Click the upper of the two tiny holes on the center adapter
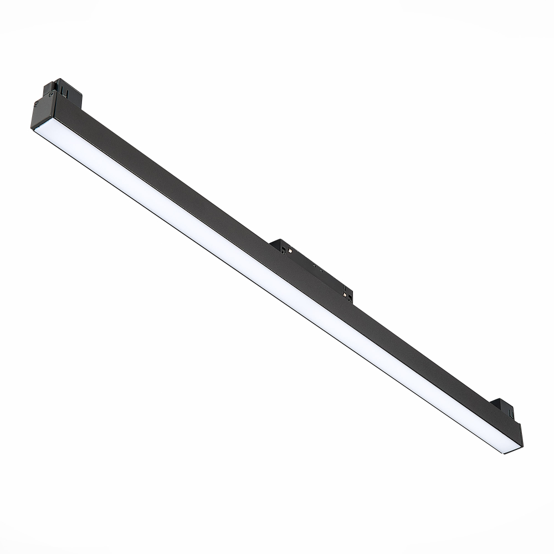315,265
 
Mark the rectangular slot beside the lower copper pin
350,298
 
